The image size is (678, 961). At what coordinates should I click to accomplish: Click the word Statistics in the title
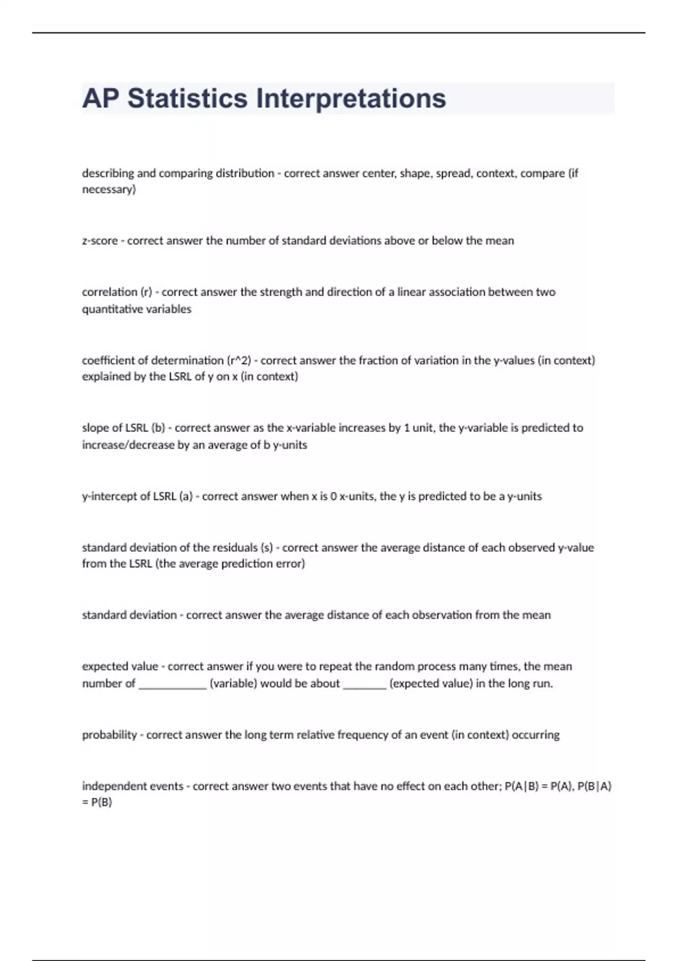pos(187,98)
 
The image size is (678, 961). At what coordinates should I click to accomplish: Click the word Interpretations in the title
pos(351,98)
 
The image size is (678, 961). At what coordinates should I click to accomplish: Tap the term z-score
pos(100,241)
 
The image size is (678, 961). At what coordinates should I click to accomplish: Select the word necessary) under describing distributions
pos(109,189)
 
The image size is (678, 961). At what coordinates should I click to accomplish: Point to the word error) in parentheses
pos(290,564)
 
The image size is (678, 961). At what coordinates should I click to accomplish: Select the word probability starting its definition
pos(110,735)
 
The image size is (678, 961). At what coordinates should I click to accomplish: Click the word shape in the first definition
pos(415,174)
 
